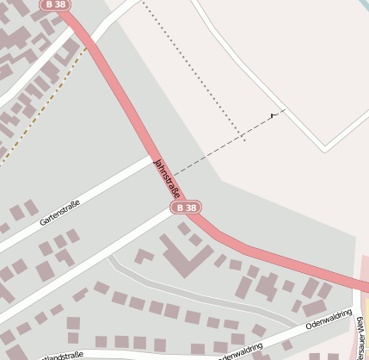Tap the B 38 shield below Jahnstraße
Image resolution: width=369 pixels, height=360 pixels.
186,208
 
